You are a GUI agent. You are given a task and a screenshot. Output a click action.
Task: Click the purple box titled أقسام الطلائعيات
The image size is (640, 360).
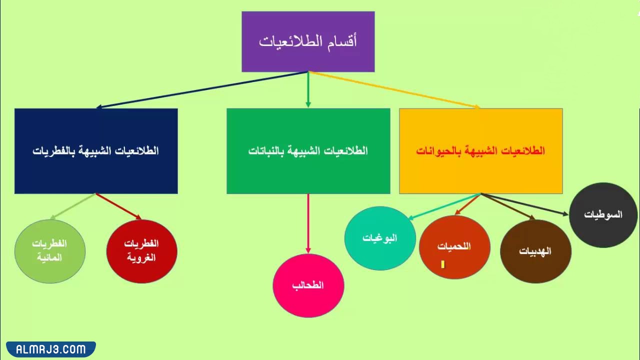pyautogui.click(x=308, y=41)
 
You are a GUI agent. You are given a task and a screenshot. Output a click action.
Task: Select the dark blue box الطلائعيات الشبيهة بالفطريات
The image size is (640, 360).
pyautogui.click(x=96, y=151)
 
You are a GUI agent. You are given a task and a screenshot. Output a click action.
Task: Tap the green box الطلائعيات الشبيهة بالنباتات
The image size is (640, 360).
pyautogui.click(x=308, y=151)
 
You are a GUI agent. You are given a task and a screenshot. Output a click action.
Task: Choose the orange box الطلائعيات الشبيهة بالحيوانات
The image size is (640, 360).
pyautogui.click(x=480, y=151)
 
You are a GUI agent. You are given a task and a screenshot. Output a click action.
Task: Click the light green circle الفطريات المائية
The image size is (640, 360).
pyautogui.click(x=49, y=250)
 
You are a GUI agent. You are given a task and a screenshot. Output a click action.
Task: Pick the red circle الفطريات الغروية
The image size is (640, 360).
pyautogui.click(x=141, y=250)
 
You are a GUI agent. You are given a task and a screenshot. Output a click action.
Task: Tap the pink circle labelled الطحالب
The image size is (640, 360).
pyautogui.click(x=308, y=285)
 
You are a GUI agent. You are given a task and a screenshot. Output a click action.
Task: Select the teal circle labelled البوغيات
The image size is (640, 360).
pyautogui.click(x=380, y=238)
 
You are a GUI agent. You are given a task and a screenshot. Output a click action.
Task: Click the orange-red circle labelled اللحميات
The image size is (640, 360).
pyautogui.click(x=454, y=246)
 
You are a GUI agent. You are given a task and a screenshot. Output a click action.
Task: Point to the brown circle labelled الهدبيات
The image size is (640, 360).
pyautogui.click(x=535, y=251)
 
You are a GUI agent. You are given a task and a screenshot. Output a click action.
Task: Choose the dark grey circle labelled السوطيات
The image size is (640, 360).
pyautogui.click(x=603, y=214)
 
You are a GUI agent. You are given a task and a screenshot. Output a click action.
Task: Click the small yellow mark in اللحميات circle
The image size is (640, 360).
pyautogui.click(x=442, y=264)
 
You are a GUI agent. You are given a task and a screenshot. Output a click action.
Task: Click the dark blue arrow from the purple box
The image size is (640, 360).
pyautogui.click(x=200, y=90)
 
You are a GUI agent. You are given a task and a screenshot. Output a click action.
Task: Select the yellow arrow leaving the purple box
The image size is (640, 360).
pyautogui.click(x=395, y=90)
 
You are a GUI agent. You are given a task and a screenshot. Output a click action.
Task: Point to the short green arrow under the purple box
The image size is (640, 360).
pyautogui.click(x=308, y=90)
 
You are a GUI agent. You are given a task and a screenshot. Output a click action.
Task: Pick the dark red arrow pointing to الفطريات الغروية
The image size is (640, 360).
pyautogui.click(x=118, y=206)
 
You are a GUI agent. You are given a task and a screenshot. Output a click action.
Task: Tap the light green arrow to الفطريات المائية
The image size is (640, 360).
pyautogui.click(x=73, y=206)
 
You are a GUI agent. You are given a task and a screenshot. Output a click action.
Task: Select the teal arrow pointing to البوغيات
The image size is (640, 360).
pyautogui.click(x=444, y=206)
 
